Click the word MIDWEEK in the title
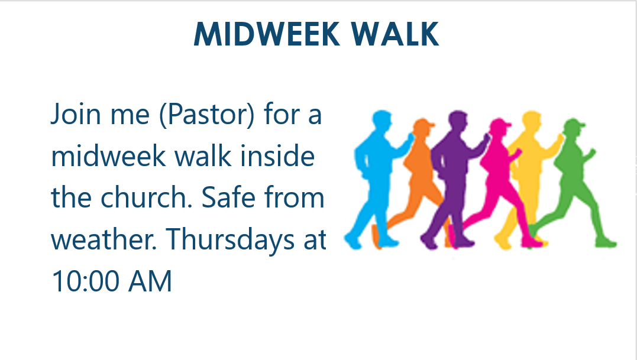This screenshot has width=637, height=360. point(267,34)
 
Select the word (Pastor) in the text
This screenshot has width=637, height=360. point(207,115)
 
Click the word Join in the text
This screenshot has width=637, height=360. point(76,115)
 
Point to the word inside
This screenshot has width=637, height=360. point(277,156)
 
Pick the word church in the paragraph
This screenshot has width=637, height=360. point(146,197)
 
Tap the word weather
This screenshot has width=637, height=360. point(104,239)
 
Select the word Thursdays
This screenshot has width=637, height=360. point(230,239)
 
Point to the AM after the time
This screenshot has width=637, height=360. point(150,281)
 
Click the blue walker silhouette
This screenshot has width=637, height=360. point(377,179)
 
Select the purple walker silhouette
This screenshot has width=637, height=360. point(454,179)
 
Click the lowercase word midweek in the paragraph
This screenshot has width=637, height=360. point(108,156)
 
